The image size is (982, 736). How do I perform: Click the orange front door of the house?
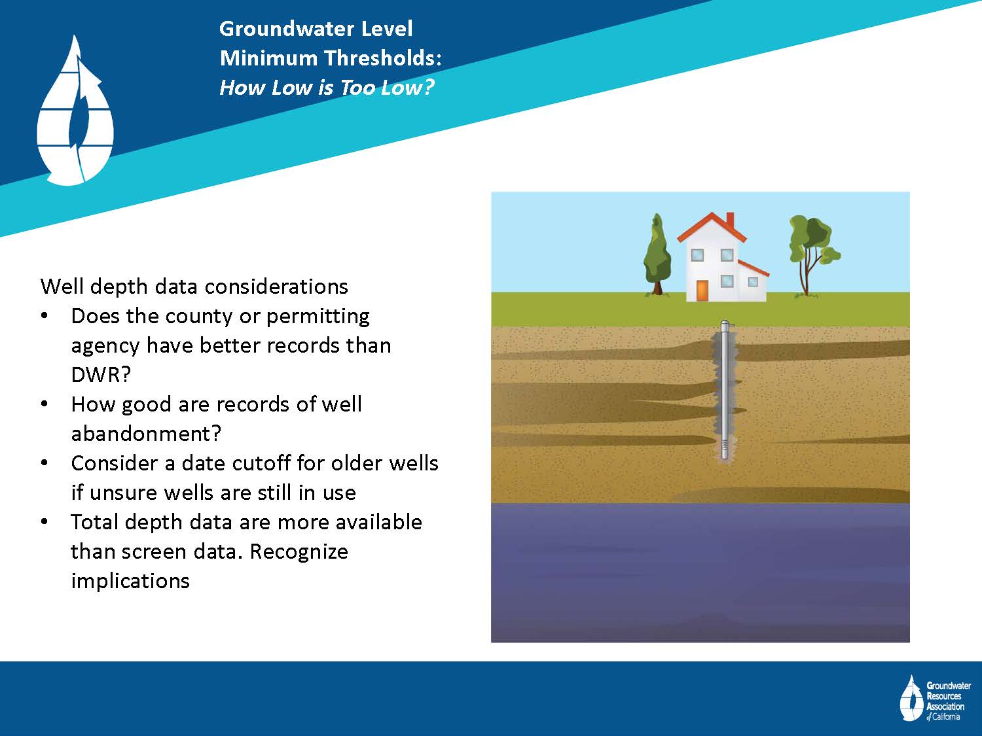point(702,290)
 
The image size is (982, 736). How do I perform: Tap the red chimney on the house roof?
point(730,220)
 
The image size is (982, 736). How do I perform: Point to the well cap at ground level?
point(725,324)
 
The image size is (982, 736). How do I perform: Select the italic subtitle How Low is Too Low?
point(327,87)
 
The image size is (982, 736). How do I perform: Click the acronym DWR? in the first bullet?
point(101,374)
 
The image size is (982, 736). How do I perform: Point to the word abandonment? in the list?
point(146,434)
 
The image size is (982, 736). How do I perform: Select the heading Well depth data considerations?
point(194,287)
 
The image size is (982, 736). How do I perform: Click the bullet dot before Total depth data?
point(44,522)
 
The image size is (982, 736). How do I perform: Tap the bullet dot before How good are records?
point(44,404)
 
